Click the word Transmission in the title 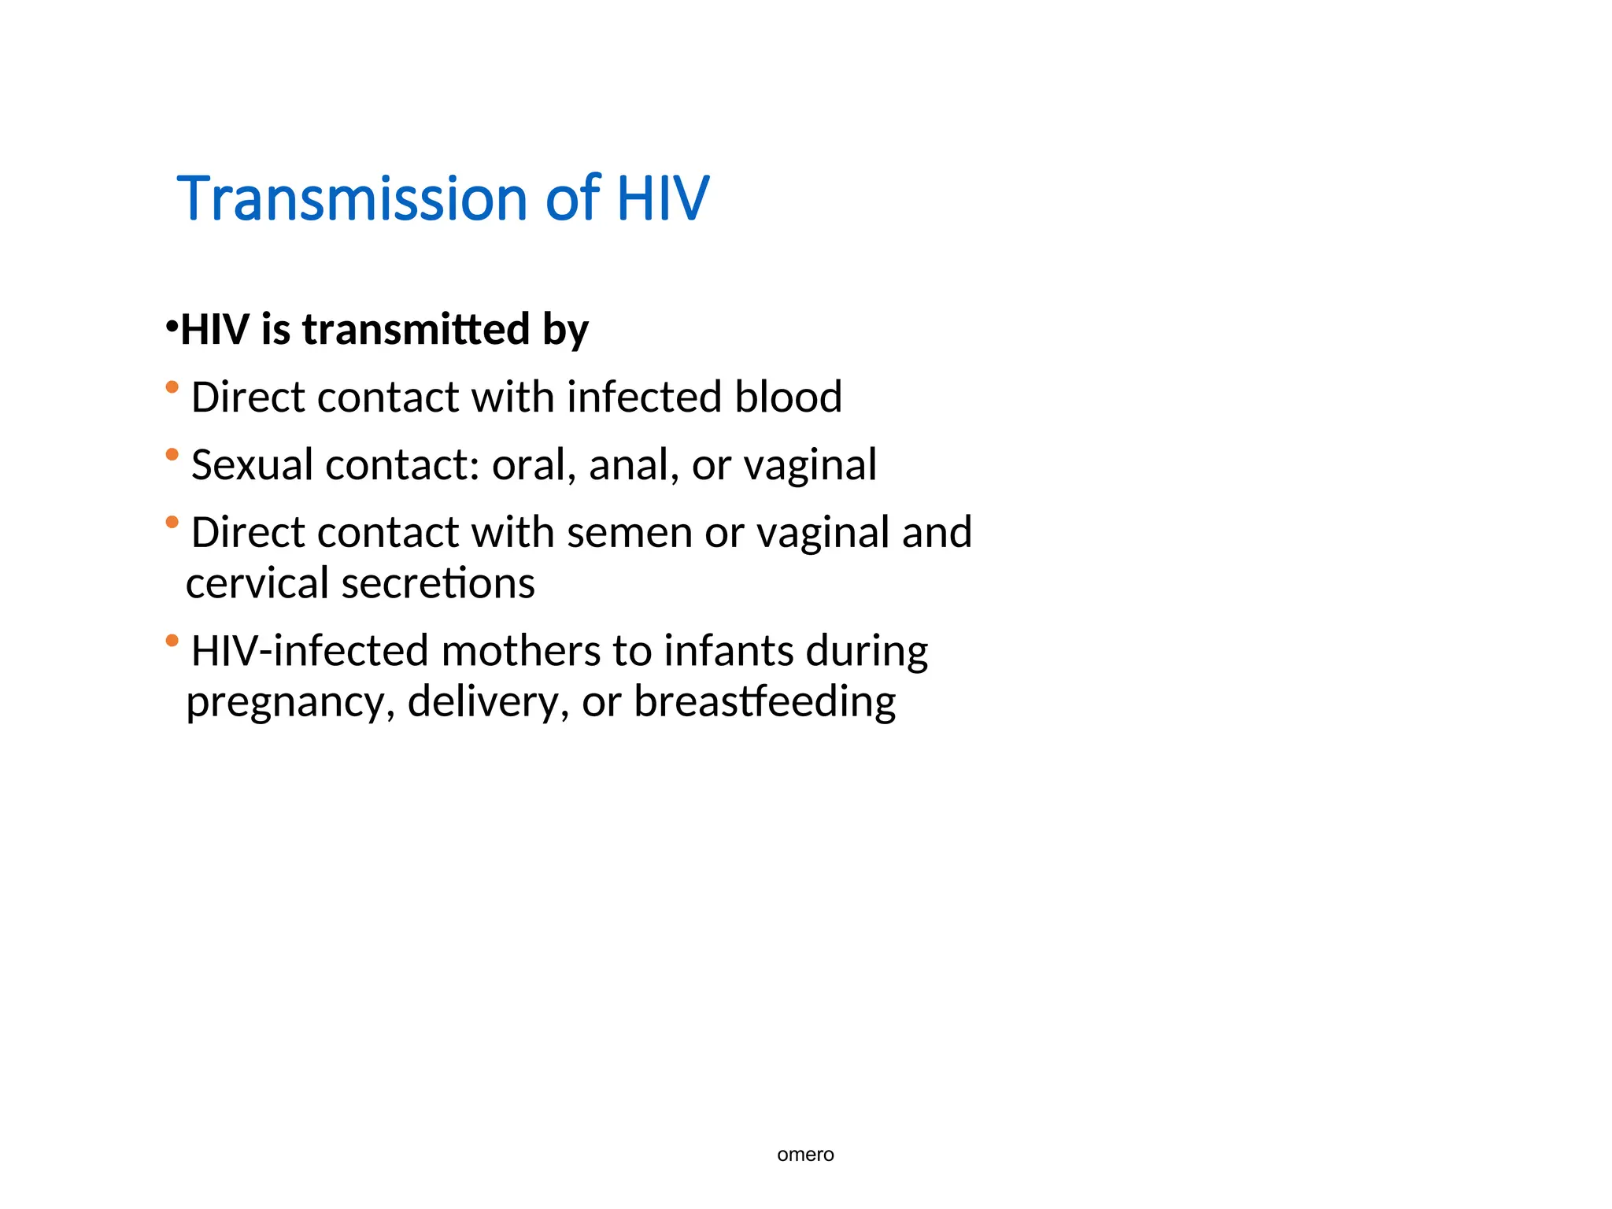click(x=353, y=198)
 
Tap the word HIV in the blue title click(x=663, y=198)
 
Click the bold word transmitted click(x=416, y=329)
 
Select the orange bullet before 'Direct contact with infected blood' click(x=172, y=386)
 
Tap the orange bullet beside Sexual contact click(x=172, y=454)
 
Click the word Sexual click(x=252, y=465)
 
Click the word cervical click(x=257, y=583)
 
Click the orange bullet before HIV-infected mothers click(x=172, y=640)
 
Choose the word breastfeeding click(x=764, y=702)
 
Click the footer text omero click(x=805, y=1155)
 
